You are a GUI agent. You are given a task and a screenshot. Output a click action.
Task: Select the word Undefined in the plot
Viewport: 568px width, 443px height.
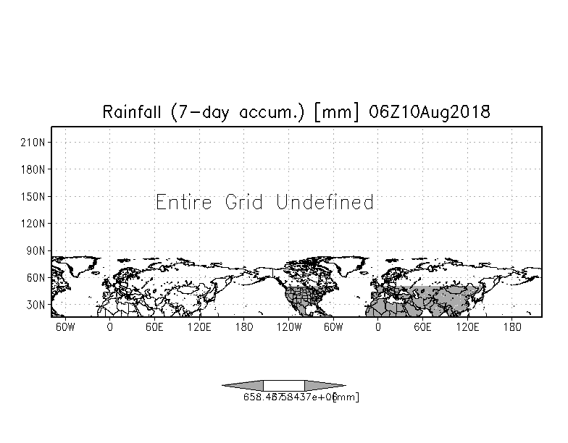pos(325,202)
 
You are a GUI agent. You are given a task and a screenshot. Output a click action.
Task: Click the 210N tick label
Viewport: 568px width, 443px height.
pos(35,143)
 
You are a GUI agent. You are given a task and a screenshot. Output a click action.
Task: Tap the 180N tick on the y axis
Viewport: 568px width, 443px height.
pos(35,169)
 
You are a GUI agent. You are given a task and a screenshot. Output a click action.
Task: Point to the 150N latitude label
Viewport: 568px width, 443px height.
pos(35,196)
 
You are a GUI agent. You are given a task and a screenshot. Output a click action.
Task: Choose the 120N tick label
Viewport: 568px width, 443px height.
pos(35,223)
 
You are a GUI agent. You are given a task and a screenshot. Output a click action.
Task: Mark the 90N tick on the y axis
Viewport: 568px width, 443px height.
pos(38,250)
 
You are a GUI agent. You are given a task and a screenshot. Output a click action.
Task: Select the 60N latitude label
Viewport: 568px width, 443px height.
pos(38,277)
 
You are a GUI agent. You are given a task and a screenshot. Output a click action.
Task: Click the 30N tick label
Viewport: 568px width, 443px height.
pos(38,305)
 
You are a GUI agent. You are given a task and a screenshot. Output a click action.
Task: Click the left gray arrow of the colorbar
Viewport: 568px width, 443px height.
pos(243,385)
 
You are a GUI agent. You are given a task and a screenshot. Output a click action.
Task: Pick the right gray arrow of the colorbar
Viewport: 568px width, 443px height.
pos(324,385)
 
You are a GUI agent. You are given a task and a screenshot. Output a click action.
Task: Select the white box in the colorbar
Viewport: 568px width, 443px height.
pos(283,385)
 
